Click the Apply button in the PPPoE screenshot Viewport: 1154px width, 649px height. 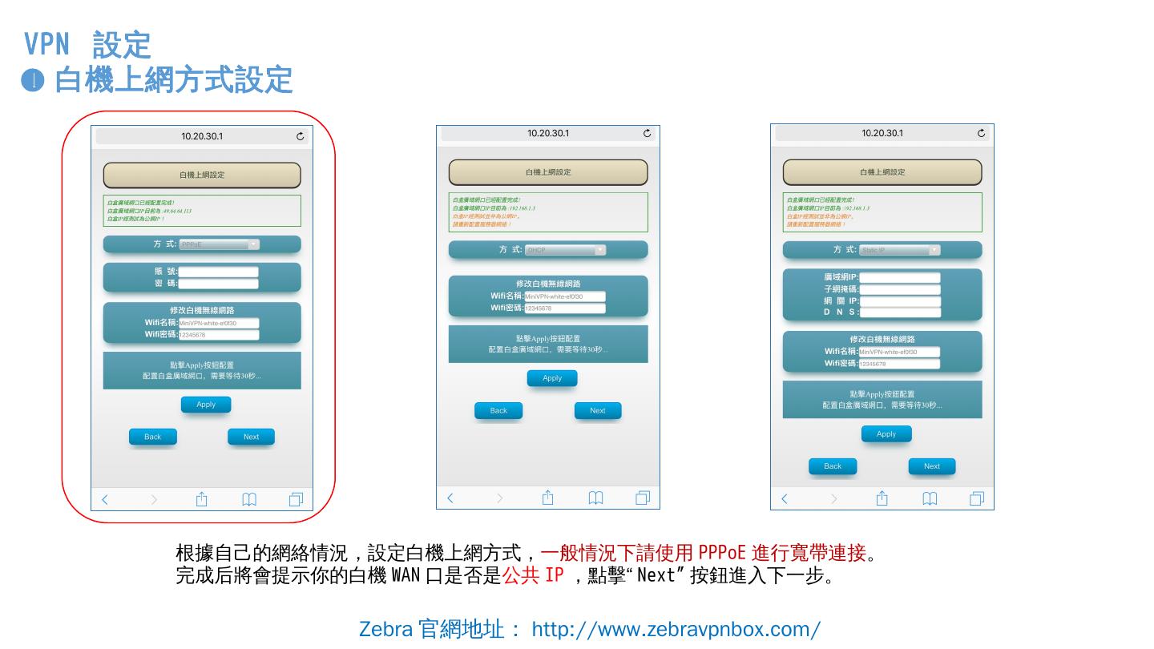point(206,405)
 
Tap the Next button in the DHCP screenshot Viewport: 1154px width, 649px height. point(598,411)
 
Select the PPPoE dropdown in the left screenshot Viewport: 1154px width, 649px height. point(219,244)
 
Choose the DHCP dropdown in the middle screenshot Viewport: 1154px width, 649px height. point(565,250)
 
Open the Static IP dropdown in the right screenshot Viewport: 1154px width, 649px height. point(899,250)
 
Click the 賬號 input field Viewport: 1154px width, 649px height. point(218,272)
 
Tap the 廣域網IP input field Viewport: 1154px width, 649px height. point(899,277)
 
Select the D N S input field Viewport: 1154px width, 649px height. point(899,312)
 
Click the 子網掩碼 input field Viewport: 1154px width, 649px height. point(899,289)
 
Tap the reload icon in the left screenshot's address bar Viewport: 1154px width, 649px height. point(301,136)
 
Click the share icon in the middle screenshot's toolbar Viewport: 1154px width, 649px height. point(548,498)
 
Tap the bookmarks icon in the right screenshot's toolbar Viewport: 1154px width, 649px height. point(930,498)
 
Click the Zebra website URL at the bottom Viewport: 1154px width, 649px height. point(676,629)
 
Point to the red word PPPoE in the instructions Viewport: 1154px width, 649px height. point(722,553)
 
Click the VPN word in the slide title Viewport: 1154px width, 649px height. point(46,43)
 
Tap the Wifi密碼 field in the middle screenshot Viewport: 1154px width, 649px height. point(565,308)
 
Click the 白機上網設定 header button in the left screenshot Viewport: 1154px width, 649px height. point(202,175)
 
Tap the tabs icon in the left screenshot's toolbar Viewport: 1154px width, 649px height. point(296,499)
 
